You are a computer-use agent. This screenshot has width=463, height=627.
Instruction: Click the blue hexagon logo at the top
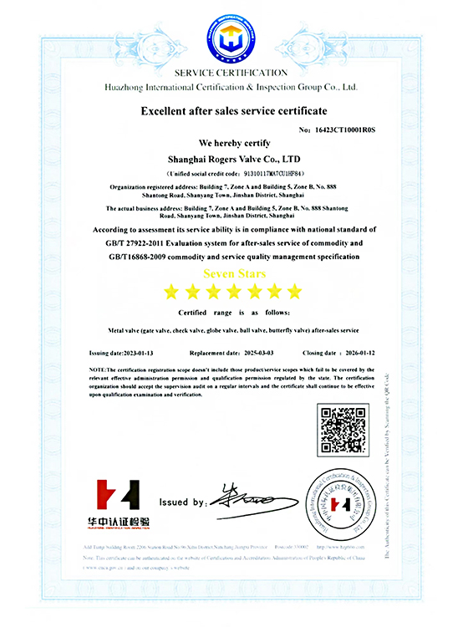click(231, 38)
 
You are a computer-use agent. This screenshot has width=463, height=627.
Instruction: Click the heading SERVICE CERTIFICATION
click(231, 74)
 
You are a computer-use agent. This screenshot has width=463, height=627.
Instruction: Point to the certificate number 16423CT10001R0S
click(348, 130)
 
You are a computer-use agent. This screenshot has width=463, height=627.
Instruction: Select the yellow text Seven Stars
click(231, 274)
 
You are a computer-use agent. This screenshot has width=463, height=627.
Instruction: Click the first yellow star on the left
click(171, 291)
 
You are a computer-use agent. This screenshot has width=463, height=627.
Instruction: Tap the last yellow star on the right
click(293, 291)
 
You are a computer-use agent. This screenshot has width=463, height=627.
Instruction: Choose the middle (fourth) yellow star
click(232, 291)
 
